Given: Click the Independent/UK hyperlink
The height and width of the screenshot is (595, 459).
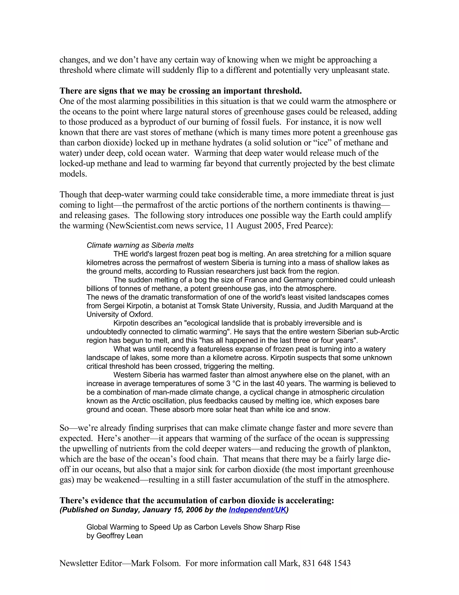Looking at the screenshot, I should [x=257, y=510].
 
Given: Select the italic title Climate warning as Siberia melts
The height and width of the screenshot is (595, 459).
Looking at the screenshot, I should [x=140, y=245].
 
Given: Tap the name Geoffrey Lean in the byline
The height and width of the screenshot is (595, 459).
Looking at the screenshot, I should [x=119, y=535].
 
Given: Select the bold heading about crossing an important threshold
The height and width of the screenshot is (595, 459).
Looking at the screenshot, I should [x=181, y=91].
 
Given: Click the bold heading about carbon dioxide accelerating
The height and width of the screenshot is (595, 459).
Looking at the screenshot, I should [x=197, y=500].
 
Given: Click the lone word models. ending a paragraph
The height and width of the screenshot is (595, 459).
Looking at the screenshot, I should [x=73, y=174].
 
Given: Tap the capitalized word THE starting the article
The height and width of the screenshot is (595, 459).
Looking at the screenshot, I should [x=120, y=254].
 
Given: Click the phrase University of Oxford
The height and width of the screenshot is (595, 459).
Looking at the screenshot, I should [x=119, y=314].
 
